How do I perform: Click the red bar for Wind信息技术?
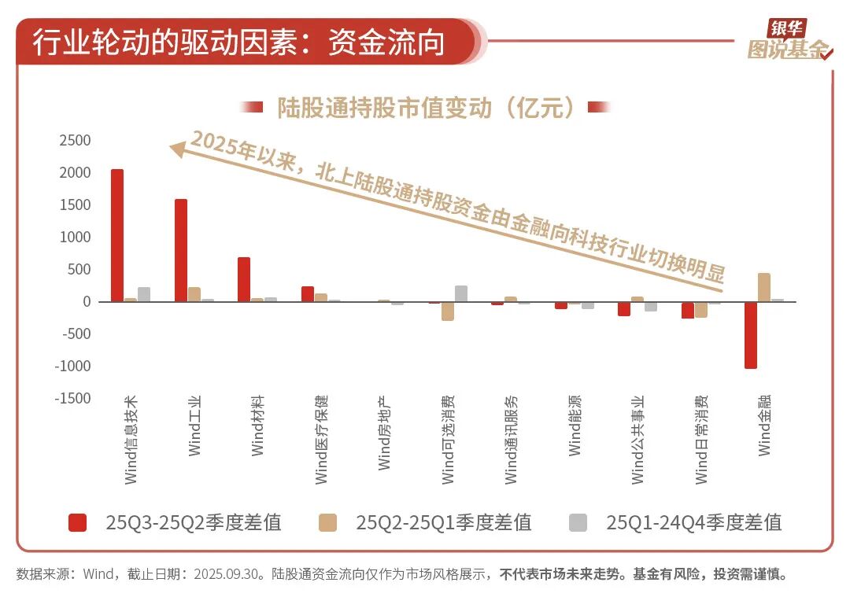pyautogui.click(x=116, y=235)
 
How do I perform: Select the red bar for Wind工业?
pyautogui.click(x=181, y=250)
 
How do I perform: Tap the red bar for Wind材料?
pyautogui.click(x=244, y=279)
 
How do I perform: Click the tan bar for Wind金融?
pyautogui.click(x=763, y=287)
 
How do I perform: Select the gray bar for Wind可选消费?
pyautogui.click(x=461, y=293)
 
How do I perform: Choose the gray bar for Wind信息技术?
pyautogui.click(x=143, y=294)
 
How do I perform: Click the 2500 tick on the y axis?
pyautogui.click(x=75, y=141)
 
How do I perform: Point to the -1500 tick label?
pyautogui.click(x=72, y=398)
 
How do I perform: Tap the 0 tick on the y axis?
pyautogui.click(x=87, y=302)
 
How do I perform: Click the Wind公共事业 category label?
pyautogui.click(x=637, y=438)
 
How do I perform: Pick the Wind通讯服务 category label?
pyautogui.click(x=512, y=438)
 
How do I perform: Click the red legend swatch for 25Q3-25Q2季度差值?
pyautogui.click(x=78, y=522)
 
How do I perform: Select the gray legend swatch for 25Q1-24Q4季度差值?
pyautogui.click(x=578, y=522)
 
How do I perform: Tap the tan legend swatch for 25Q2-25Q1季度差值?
pyautogui.click(x=327, y=522)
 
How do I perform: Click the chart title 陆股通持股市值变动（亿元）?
pyautogui.click(x=425, y=108)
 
